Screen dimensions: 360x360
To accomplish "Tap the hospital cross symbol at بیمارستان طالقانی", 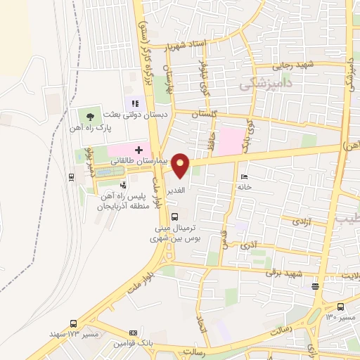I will click(x=139, y=150).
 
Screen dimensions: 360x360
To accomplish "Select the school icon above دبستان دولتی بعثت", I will click(x=133, y=105).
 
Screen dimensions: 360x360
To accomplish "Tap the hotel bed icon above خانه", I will click(x=243, y=176).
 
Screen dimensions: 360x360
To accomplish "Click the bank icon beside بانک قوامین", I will click(x=132, y=332).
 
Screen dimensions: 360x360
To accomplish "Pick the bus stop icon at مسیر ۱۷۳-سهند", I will click(x=73, y=324).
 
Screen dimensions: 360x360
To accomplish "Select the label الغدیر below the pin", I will click(x=176, y=191).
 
